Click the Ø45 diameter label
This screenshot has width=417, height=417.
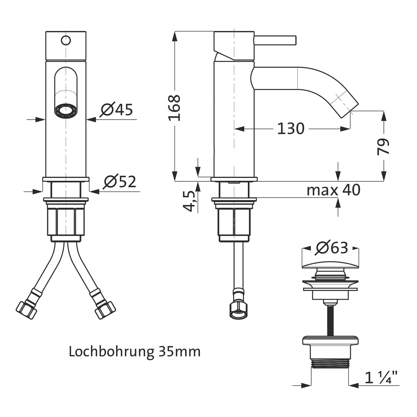(117, 110)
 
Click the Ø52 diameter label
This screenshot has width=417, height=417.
(120, 182)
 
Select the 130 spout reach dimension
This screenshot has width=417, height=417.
(291, 129)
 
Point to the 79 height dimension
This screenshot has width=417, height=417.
(384, 147)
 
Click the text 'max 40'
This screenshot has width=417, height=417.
(334, 190)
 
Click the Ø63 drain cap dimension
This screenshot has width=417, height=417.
(331, 248)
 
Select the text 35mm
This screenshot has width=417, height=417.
(180, 352)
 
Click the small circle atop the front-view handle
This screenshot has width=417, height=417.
(66, 40)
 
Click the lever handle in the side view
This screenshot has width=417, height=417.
(275, 40)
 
